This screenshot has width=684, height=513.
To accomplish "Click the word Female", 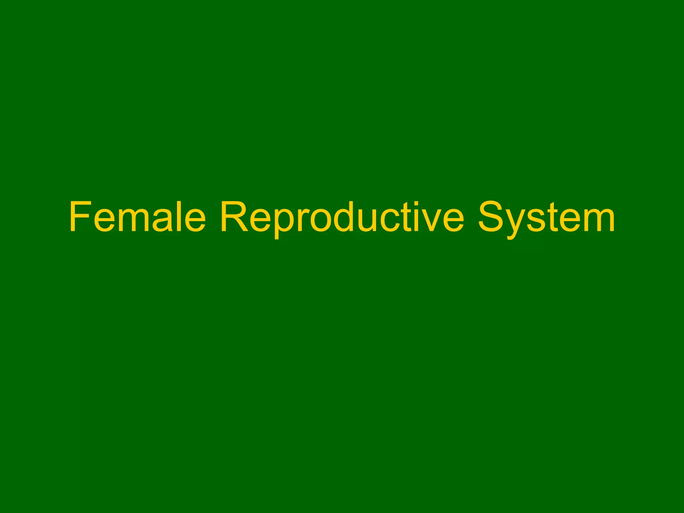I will coord(137,217).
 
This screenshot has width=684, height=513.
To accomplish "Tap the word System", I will coord(546,217).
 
